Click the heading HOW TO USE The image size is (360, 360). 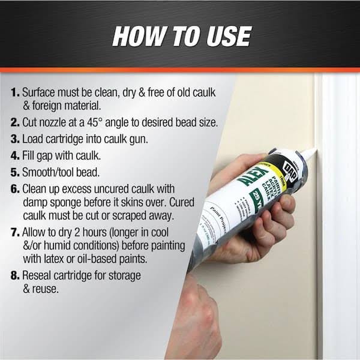(181, 35)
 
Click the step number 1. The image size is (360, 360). (14, 93)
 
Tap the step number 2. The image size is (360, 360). (14, 122)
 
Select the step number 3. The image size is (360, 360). (14, 139)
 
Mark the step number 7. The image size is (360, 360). (14, 232)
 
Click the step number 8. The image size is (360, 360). (14, 275)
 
